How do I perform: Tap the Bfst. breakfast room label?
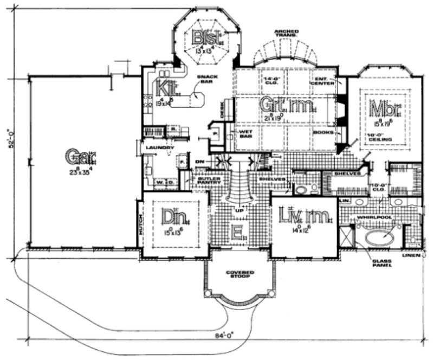(207, 38)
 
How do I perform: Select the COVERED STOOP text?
(239, 275)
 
